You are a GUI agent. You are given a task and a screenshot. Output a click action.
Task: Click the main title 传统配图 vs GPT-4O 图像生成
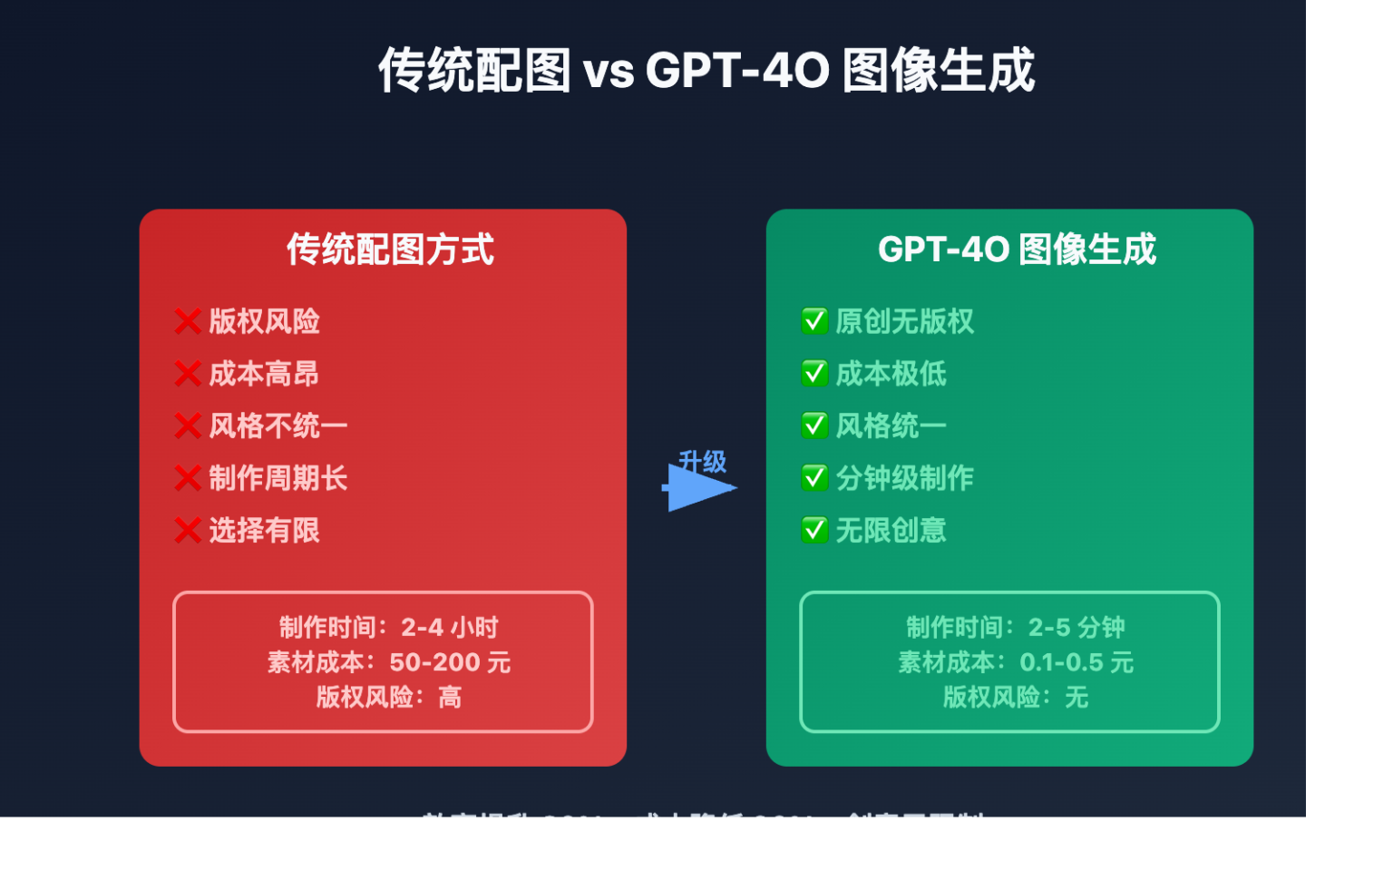(706, 71)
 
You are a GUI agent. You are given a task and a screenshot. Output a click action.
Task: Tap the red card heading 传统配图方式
(390, 250)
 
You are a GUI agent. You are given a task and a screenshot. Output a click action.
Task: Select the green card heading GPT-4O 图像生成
(1017, 250)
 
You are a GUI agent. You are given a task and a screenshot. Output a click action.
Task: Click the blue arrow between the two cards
(700, 488)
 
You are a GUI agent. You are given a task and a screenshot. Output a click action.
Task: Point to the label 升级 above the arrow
(703, 461)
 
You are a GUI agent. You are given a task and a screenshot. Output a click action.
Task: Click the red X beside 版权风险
(188, 321)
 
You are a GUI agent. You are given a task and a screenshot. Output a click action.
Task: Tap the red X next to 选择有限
(188, 530)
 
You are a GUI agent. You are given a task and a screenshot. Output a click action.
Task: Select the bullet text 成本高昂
(264, 374)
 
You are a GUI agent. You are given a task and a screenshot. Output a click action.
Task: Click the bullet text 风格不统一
(278, 426)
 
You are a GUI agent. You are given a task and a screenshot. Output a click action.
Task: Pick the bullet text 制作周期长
(278, 478)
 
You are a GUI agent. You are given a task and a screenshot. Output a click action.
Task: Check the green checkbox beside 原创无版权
(814, 321)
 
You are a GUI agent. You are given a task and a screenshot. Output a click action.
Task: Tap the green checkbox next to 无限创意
(814, 530)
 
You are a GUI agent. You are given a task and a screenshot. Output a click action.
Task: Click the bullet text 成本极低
(891, 374)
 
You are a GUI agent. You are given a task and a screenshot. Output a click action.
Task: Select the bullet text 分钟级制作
(904, 478)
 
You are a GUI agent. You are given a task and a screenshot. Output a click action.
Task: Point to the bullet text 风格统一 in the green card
(891, 426)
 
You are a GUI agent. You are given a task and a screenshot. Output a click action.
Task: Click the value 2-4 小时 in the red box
(450, 627)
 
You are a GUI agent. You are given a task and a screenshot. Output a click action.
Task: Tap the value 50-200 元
(450, 662)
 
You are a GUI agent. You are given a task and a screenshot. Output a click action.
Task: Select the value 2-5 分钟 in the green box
(1076, 627)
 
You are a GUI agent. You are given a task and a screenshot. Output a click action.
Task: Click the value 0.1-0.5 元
(1076, 662)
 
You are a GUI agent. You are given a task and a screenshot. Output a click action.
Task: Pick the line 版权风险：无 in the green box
(1015, 697)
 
